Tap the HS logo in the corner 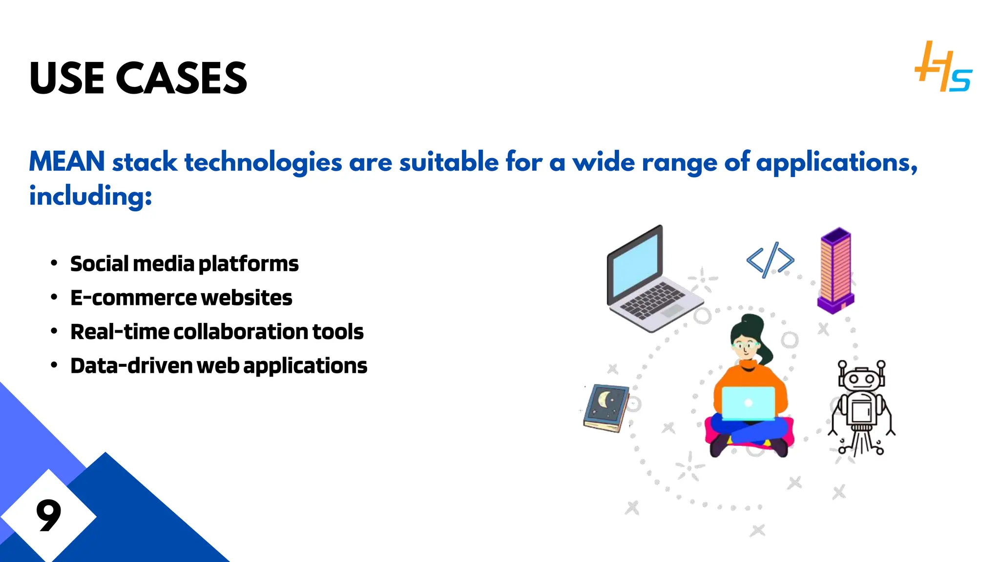click(x=943, y=67)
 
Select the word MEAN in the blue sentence click(x=67, y=161)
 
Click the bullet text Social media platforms click(x=184, y=264)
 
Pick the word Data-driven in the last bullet click(x=131, y=366)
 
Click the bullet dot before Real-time click(x=54, y=332)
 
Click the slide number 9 click(x=48, y=515)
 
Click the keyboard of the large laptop click(x=652, y=300)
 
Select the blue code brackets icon click(x=770, y=260)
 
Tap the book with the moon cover click(x=606, y=407)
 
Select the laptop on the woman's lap click(x=748, y=403)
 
